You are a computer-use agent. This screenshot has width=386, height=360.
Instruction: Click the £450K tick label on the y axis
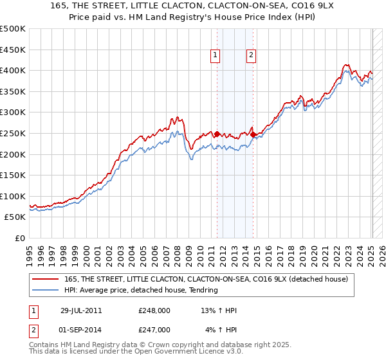(x=13, y=50)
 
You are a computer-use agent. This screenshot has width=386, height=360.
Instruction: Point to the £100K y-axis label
(x=13, y=196)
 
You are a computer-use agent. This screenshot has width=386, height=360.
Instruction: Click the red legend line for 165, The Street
(x=45, y=279)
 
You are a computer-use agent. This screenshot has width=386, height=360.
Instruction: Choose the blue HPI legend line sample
(x=45, y=290)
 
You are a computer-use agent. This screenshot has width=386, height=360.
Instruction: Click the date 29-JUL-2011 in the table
(x=81, y=310)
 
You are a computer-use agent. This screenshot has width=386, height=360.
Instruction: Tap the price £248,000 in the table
(x=154, y=310)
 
